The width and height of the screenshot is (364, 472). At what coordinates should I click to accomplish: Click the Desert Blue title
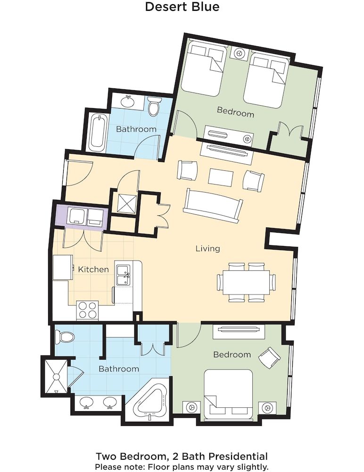pyautogui.click(x=182, y=7)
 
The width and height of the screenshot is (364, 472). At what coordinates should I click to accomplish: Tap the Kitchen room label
pyautogui.click(x=93, y=270)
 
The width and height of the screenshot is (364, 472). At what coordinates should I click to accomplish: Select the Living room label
pyautogui.click(x=208, y=248)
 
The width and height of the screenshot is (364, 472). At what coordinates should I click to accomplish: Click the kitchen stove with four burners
pyautogui.click(x=87, y=310)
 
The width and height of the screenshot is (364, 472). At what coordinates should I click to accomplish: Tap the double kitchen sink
pyautogui.click(x=124, y=275)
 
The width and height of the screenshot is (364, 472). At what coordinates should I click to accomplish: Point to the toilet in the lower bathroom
pyautogui.click(x=64, y=337)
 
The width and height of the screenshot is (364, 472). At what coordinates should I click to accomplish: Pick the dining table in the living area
pyautogui.click(x=247, y=282)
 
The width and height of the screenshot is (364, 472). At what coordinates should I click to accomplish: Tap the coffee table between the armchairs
pyautogui.click(x=221, y=177)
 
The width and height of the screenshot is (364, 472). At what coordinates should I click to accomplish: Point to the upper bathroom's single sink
pyautogui.click(x=127, y=101)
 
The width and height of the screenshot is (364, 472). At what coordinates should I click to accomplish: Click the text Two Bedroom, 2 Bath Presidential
pyautogui.click(x=182, y=456)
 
